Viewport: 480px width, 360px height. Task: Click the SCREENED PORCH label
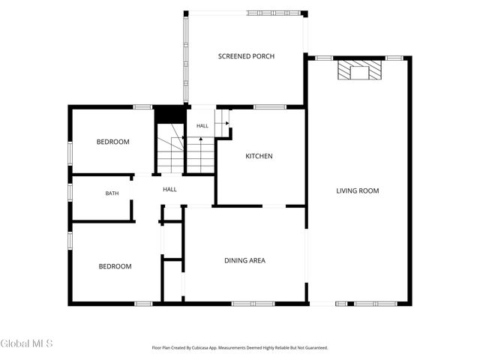pyautogui.click(x=246, y=56)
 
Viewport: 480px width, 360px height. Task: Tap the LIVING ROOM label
pyautogui.click(x=358, y=191)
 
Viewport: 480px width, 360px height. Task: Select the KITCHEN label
pyautogui.click(x=259, y=156)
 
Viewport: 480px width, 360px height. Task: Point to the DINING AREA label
pyautogui.click(x=245, y=260)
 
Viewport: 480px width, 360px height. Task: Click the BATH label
pyautogui.click(x=112, y=193)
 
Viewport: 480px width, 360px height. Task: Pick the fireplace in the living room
pyautogui.click(x=360, y=70)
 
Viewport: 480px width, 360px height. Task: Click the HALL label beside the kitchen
pyautogui.click(x=202, y=126)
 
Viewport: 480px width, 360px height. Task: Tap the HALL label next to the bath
pyautogui.click(x=169, y=190)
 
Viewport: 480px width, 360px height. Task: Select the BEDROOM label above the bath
pyautogui.click(x=113, y=142)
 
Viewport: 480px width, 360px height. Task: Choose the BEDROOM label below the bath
pyautogui.click(x=115, y=267)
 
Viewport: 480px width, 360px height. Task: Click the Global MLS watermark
pyautogui.click(x=27, y=343)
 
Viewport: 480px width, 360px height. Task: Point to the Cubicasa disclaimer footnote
pyautogui.click(x=240, y=348)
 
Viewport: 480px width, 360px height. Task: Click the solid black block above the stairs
pyautogui.click(x=169, y=114)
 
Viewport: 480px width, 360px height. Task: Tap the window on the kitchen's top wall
pyautogui.click(x=270, y=107)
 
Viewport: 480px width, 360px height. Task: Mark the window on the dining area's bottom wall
pyautogui.click(x=253, y=304)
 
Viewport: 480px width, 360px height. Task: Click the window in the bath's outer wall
pyautogui.click(x=70, y=192)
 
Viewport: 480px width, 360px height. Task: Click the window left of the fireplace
pyautogui.click(x=324, y=58)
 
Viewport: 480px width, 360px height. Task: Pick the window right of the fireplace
pyautogui.click(x=394, y=58)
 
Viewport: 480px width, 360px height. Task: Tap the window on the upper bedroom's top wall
pyautogui.click(x=142, y=107)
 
